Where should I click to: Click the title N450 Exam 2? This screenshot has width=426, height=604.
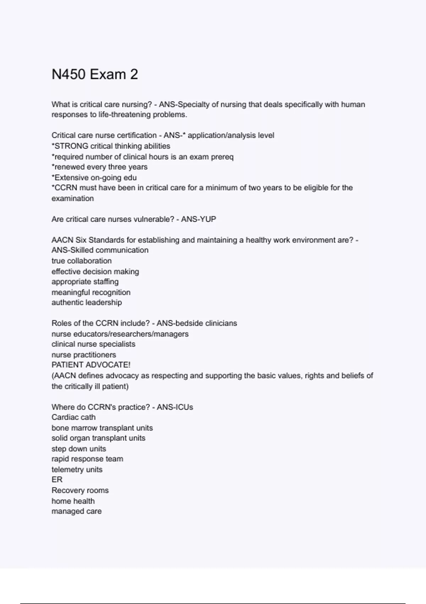pos(95,75)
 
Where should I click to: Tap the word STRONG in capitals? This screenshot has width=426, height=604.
pos(71,146)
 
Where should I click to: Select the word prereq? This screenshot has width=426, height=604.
pos(222,157)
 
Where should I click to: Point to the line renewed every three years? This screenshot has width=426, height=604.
pos(99,167)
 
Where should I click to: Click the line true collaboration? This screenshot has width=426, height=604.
pos(82,261)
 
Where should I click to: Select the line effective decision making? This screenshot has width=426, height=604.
pos(95,271)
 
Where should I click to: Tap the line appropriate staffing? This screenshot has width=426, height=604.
pos(85,282)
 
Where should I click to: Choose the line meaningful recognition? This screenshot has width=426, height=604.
pos(91,292)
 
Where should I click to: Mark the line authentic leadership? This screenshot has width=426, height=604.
pos(87,303)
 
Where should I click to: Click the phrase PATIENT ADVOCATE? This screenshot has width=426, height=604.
pos(91,365)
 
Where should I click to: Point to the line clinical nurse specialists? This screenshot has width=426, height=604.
pos(93,344)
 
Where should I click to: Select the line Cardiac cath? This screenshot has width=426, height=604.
pos(73,417)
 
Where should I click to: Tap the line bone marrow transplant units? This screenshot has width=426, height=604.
pos(102,428)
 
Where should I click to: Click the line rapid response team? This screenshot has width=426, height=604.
pos(87,459)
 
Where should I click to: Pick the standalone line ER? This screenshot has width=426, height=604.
pos(57,480)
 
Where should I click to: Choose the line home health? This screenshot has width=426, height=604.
pos(73,501)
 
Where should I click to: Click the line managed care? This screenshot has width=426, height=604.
pos(77,511)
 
